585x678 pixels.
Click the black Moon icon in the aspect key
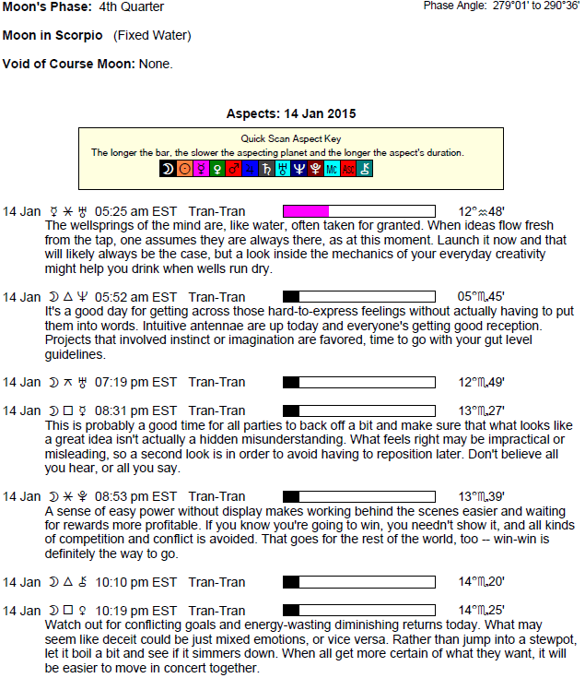(x=168, y=169)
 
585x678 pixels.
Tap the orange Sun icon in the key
(x=184, y=169)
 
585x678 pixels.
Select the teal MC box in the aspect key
(x=333, y=169)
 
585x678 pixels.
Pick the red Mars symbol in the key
(x=234, y=169)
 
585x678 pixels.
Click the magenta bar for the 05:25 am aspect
(x=306, y=211)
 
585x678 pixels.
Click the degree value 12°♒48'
(x=481, y=211)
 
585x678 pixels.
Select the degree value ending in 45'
(x=481, y=297)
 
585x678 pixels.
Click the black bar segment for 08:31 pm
(x=291, y=410)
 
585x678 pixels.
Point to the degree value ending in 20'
(x=481, y=582)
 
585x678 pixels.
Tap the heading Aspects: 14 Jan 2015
(x=291, y=113)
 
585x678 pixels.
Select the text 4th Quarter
(x=132, y=7)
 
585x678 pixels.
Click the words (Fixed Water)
(x=152, y=36)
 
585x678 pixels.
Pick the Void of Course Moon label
(x=69, y=65)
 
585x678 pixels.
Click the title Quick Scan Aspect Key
(x=291, y=139)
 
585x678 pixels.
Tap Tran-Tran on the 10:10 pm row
(x=217, y=582)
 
